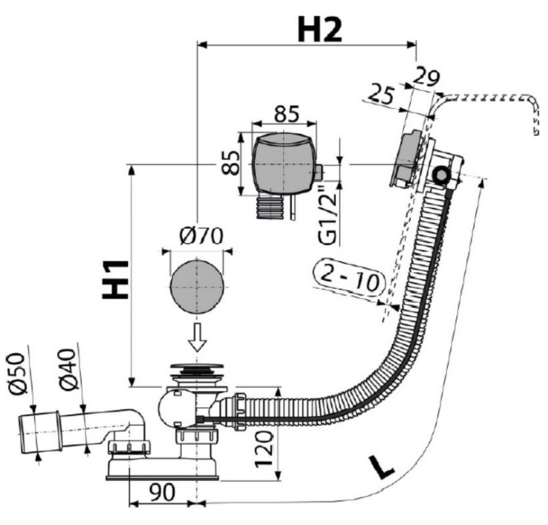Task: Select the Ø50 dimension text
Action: (18, 372)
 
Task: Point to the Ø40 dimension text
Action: (71, 370)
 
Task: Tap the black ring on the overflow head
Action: (441, 175)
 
